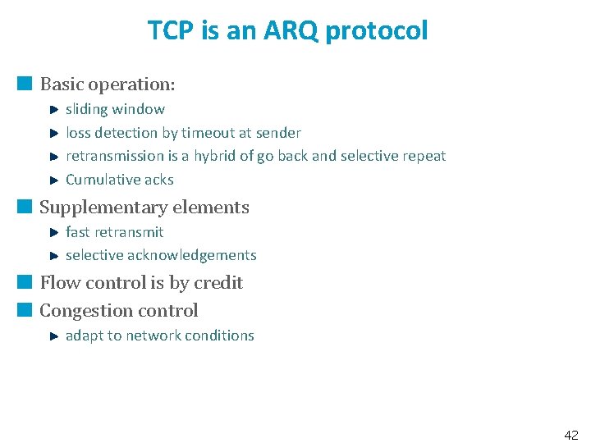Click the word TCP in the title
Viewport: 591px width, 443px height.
click(170, 31)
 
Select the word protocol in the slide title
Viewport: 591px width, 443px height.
click(377, 31)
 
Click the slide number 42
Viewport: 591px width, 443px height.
click(571, 434)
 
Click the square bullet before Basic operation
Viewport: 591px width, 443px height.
click(25, 84)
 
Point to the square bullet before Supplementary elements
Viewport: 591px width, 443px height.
click(25, 207)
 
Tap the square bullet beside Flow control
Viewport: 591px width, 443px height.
click(25, 282)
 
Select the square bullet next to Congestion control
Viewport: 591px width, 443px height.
click(25, 310)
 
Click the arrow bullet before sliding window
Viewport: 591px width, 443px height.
click(52, 109)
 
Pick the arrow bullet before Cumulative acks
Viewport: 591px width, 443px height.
click(52, 180)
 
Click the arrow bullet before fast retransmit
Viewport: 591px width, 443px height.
click(52, 232)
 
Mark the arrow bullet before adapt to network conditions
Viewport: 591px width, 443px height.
click(52, 336)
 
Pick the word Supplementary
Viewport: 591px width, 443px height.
click(98, 208)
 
